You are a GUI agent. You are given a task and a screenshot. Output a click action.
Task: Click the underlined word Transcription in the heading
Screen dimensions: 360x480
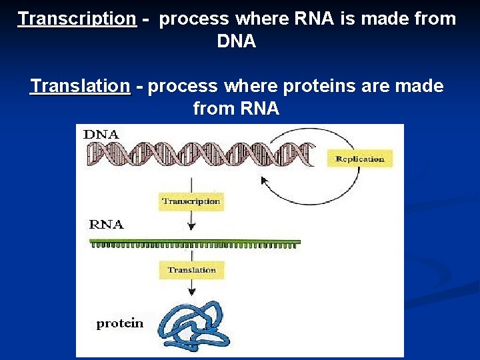[77, 19]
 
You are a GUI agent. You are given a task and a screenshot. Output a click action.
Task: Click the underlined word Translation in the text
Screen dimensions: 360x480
[80, 86]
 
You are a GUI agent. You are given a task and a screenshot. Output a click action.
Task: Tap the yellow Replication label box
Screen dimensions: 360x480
[359, 159]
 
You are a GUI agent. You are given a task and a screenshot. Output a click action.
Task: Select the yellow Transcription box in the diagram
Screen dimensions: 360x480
[191, 201]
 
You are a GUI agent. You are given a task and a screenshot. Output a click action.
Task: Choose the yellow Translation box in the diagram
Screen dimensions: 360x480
[191, 270]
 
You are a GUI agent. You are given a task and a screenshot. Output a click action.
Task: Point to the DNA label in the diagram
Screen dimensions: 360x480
[101, 134]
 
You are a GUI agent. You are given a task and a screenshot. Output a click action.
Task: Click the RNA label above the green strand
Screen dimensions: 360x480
[107, 225]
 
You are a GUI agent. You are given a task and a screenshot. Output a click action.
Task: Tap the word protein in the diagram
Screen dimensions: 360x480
[119, 323]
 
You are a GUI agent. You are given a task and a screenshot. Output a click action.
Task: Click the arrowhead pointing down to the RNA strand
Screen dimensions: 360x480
[191, 227]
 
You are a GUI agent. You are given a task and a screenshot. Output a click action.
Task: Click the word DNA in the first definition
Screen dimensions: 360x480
[236, 41]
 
